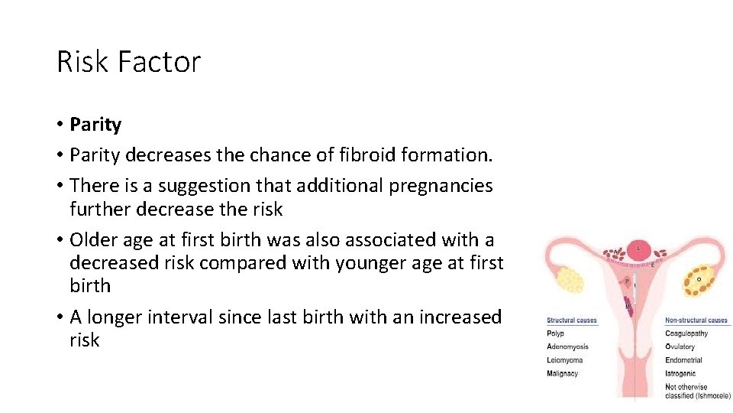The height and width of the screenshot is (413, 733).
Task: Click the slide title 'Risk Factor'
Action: point(128,61)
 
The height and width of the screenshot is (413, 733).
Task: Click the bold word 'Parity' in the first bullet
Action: point(95,124)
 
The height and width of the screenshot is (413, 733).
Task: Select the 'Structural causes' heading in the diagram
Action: point(572,320)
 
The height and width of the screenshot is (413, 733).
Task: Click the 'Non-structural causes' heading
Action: point(696,320)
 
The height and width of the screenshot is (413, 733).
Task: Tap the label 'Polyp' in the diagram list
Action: point(556,333)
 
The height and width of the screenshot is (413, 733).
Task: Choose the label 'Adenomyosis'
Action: point(567,347)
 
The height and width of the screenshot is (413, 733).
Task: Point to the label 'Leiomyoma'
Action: point(565,360)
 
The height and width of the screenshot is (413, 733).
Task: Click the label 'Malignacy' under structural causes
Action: point(563,374)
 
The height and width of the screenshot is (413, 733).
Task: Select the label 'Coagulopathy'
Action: point(686,333)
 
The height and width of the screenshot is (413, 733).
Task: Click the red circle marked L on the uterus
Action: point(638,249)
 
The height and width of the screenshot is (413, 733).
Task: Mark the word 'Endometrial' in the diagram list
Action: point(683,360)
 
